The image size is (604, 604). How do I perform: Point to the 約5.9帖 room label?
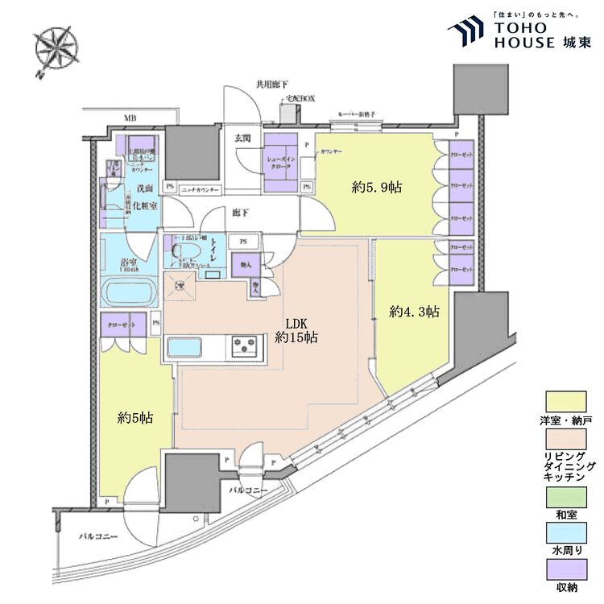377,188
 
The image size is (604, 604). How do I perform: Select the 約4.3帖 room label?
414,312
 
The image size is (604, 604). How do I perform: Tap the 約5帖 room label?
135,418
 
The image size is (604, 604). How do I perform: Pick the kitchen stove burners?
248,347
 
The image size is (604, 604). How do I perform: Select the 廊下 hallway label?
239,213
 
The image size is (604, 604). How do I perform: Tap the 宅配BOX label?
300,98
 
